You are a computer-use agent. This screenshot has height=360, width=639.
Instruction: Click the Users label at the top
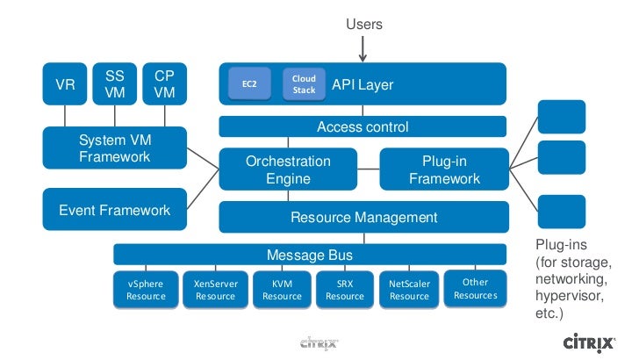364,25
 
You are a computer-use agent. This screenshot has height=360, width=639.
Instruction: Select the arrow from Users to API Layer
363,49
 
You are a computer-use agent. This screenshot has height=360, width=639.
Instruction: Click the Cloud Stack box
304,84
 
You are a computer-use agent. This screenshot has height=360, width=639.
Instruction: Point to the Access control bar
363,127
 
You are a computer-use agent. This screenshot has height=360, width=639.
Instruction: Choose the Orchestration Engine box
288,169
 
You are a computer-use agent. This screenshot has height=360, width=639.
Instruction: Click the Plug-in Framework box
444,169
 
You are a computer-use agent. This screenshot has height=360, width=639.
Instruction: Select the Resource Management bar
363,217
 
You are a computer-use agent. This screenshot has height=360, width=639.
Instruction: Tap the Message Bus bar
310,255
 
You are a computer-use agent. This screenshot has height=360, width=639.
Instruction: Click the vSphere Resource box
146,290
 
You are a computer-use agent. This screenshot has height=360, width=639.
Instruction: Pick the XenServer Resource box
215,290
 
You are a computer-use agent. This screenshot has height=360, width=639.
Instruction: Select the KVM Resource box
282,290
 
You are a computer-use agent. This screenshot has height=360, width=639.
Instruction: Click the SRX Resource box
345,290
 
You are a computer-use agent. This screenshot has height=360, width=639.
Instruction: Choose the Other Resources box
475,289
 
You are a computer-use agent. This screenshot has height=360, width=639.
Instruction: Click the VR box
65,84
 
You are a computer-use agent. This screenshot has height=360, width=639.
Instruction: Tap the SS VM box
115,84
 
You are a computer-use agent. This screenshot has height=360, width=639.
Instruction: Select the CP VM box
164,84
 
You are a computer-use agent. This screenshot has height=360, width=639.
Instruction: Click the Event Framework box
115,210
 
